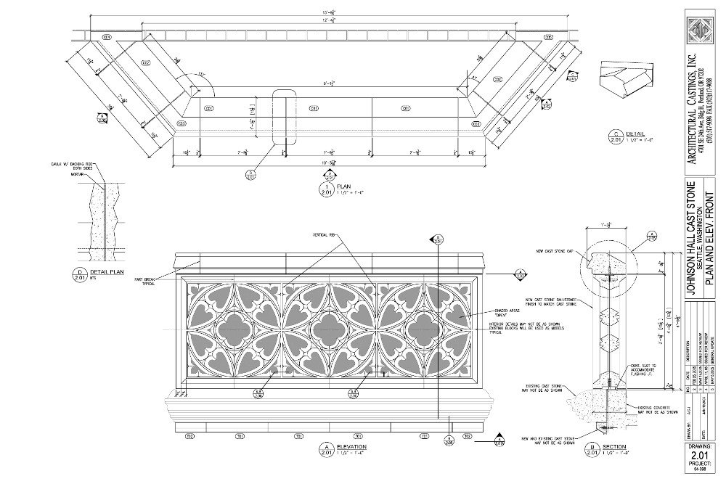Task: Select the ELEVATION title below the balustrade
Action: pos(350,446)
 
